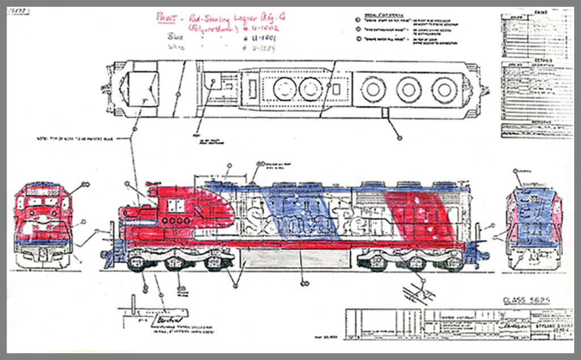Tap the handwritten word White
tap(176, 48)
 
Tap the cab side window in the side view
tap(174, 206)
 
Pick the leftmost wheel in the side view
tap(136, 263)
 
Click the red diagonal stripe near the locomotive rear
tap(423, 216)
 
